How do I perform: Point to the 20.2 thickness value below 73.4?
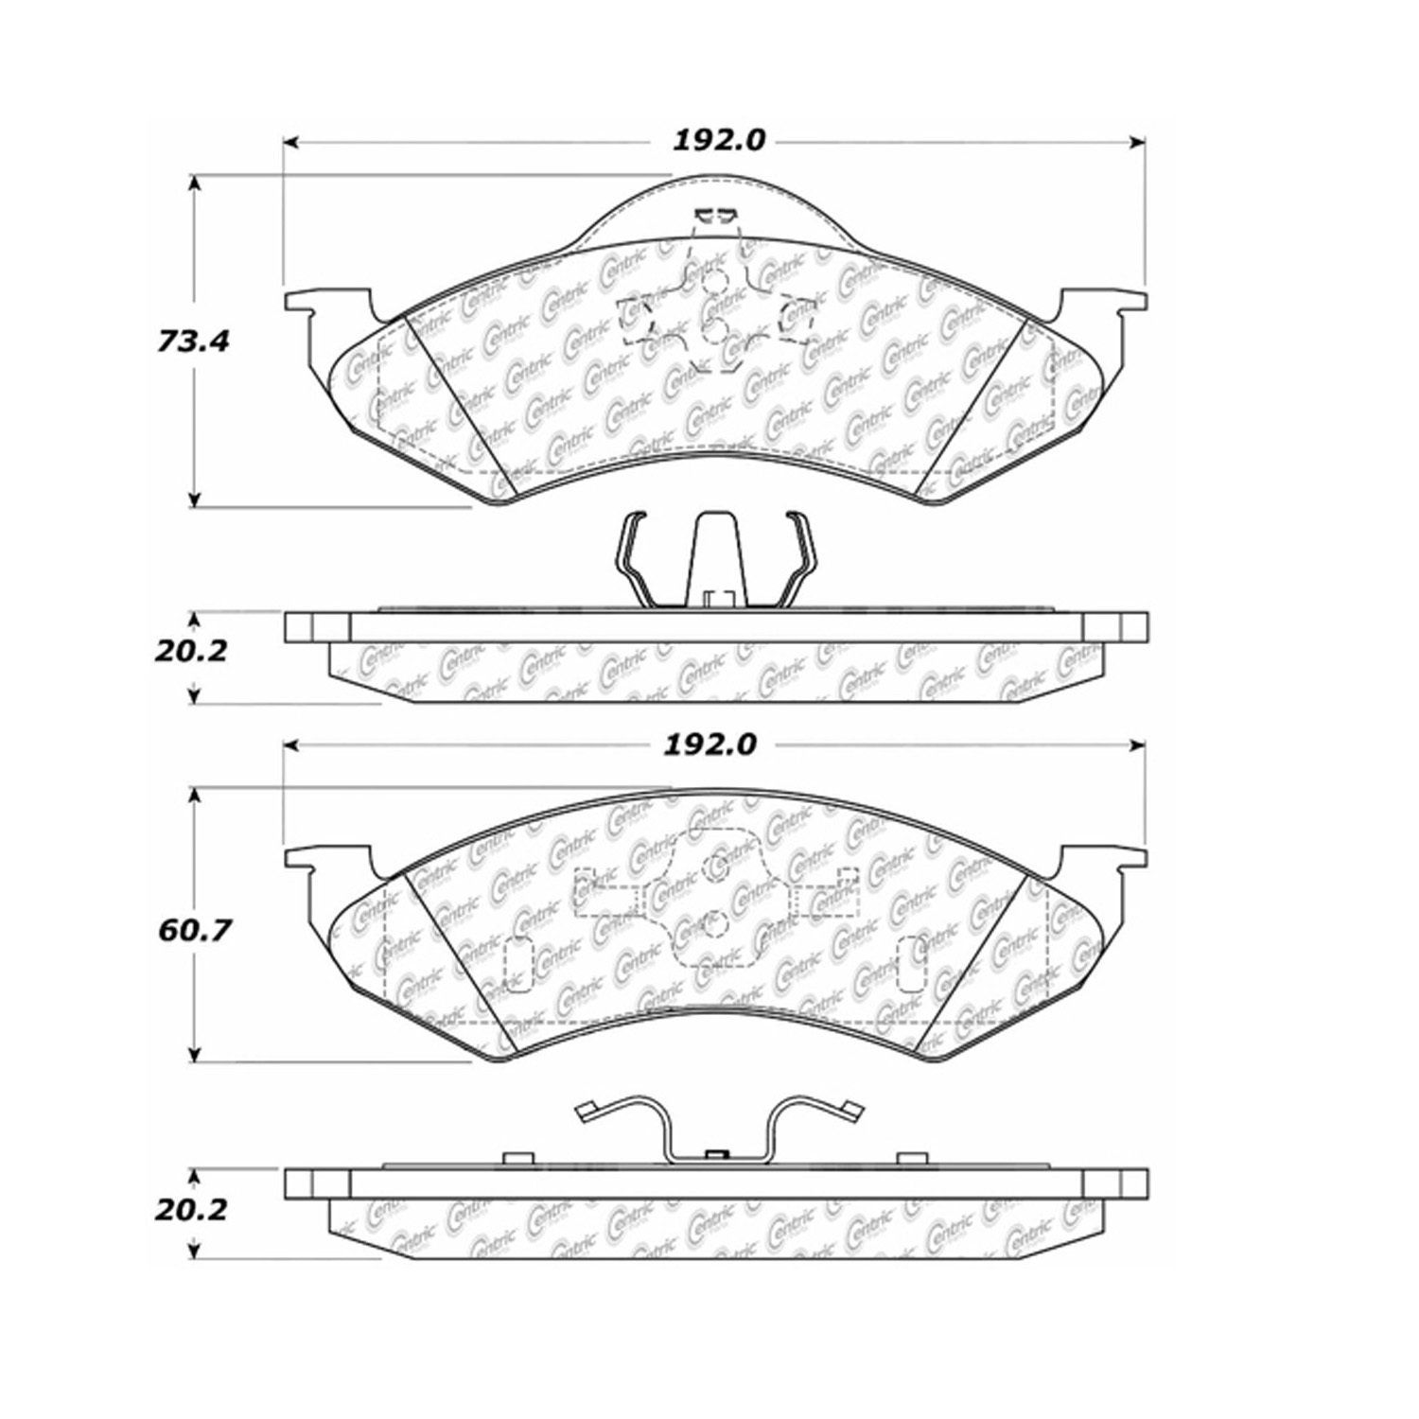point(192,651)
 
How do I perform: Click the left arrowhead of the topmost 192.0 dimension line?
point(291,142)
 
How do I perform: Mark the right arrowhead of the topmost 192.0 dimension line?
point(1137,142)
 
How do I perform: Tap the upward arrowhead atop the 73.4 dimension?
point(195,184)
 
